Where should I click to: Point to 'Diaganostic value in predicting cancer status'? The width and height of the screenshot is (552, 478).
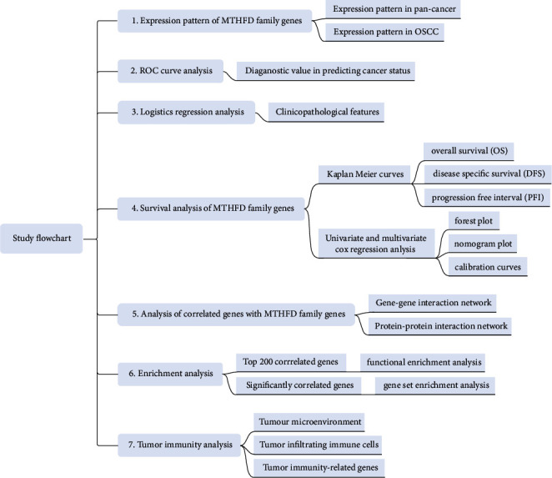point(324,72)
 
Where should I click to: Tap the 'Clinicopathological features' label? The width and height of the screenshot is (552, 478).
point(325,112)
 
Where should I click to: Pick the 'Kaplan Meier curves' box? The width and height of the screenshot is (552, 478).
point(359,174)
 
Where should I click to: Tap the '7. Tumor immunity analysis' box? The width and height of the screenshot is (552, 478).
point(181,442)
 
